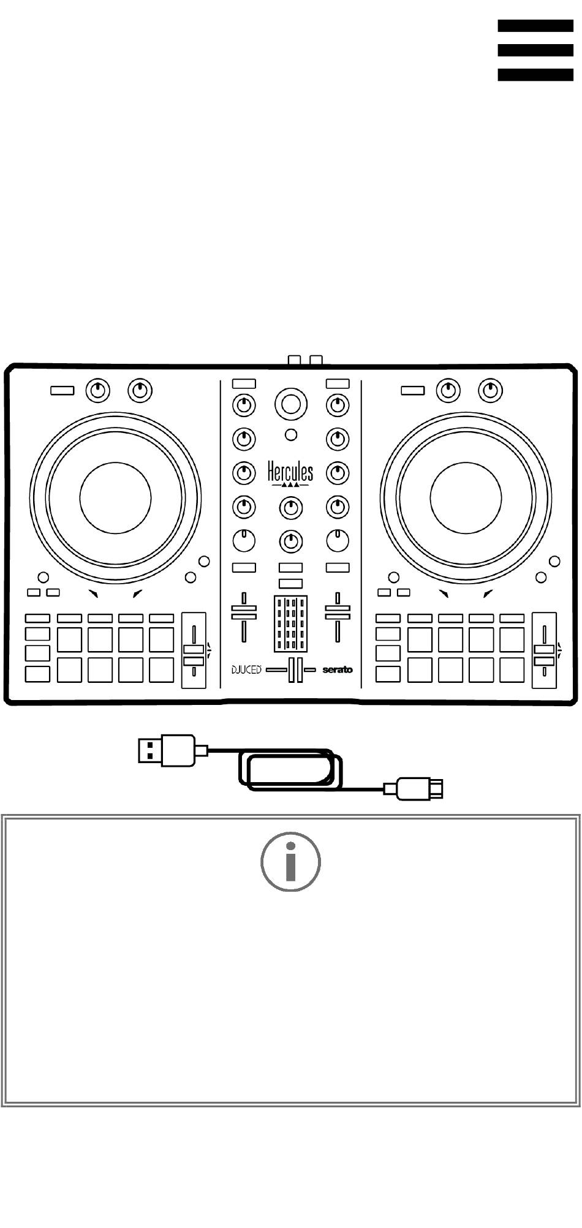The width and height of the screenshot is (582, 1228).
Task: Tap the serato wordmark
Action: (x=338, y=669)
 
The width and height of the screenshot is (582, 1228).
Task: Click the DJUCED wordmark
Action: (x=246, y=669)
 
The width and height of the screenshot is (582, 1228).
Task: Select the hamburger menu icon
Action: (x=535, y=50)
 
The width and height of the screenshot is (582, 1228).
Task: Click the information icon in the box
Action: (x=290, y=861)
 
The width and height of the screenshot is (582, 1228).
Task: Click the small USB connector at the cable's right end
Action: (x=421, y=788)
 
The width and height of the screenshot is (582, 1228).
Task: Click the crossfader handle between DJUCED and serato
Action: (x=292, y=669)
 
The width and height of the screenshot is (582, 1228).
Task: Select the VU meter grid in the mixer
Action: (x=290, y=623)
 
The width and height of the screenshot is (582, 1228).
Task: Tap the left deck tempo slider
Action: (x=194, y=650)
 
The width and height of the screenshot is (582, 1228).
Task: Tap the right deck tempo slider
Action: (x=544, y=650)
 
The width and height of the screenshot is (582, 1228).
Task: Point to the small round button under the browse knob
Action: (x=291, y=435)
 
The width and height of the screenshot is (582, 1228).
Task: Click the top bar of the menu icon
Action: (x=535, y=26)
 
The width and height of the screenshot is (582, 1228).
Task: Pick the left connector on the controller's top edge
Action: (x=294, y=360)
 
